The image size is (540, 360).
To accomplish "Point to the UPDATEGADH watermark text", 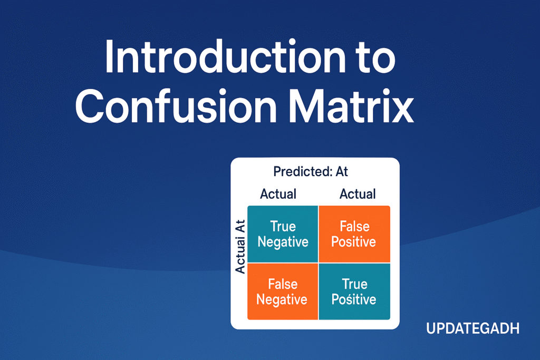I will tap(472, 329).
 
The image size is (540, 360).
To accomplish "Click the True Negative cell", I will tap(283, 234).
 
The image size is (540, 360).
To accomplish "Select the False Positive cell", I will tap(354, 234).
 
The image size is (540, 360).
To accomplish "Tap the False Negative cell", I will tap(282, 292).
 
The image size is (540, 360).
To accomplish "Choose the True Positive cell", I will tap(354, 292).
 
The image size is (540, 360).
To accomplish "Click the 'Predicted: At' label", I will tap(311, 172).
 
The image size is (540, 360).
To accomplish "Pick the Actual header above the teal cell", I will tap(278, 194).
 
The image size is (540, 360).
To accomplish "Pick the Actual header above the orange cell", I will tap(358, 194).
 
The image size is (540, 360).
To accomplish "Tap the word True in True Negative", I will tap(283, 226).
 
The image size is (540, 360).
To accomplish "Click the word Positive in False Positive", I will tap(354, 242).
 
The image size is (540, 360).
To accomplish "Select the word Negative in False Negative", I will tap(282, 300).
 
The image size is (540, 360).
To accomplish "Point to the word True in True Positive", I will tap(354, 284).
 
